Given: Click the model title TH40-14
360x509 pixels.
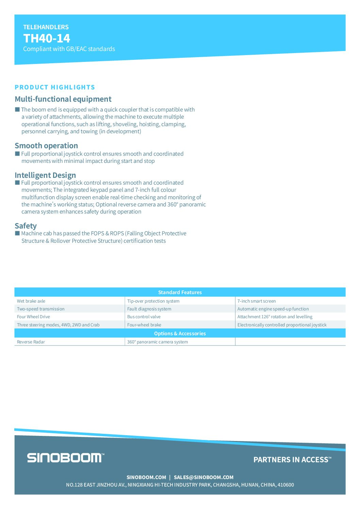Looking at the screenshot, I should tap(47, 38).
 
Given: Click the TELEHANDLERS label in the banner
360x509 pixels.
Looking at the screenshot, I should tap(46, 27).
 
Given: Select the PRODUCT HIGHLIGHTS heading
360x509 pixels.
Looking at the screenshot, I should tap(55, 87).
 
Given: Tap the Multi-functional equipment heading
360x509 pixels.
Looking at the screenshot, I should tap(63, 99).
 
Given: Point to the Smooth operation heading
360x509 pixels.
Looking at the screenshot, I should tap(46, 146).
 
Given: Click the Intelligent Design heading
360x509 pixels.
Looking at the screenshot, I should tap(45, 175).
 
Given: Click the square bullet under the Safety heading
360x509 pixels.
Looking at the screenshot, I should tap(17, 233).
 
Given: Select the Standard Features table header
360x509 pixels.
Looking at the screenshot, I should tap(180, 292).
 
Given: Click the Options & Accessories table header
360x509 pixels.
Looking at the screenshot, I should tap(180, 334).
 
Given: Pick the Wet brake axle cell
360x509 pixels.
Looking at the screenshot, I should tap(31, 301).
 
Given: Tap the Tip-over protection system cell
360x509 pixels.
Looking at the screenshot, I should tap(153, 301).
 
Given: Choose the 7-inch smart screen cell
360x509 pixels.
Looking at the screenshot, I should tap(257, 301).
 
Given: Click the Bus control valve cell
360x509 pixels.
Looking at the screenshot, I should tap(144, 317).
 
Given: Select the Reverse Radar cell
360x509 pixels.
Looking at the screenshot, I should tap(31, 342).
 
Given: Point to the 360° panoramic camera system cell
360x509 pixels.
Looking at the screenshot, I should tap(158, 342).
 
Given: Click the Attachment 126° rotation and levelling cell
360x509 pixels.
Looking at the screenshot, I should tap(275, 317).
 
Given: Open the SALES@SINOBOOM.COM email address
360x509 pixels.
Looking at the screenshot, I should tap(203, 477).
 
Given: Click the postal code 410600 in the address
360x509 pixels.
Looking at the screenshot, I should tap(285, 485).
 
